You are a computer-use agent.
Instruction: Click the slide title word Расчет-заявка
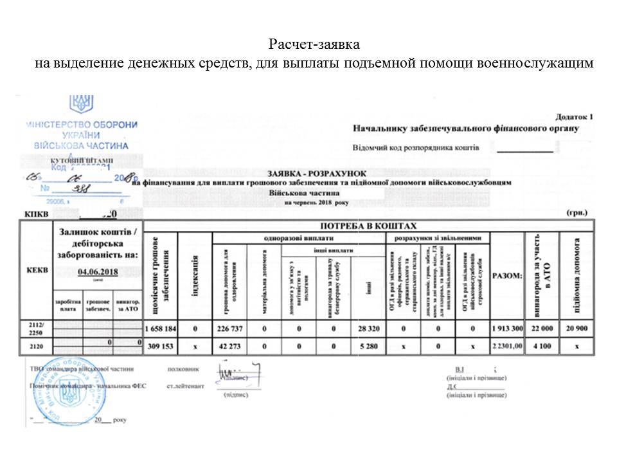tap(314, 45)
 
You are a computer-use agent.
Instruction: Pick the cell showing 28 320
tap(370, 329)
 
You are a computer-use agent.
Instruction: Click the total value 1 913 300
tap(508, 329)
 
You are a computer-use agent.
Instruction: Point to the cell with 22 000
tap(542, 329)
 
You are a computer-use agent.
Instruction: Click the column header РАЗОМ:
tap(507, 275)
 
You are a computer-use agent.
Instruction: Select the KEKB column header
tap(36, 271)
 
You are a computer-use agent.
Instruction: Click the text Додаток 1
tap(573, 118)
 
